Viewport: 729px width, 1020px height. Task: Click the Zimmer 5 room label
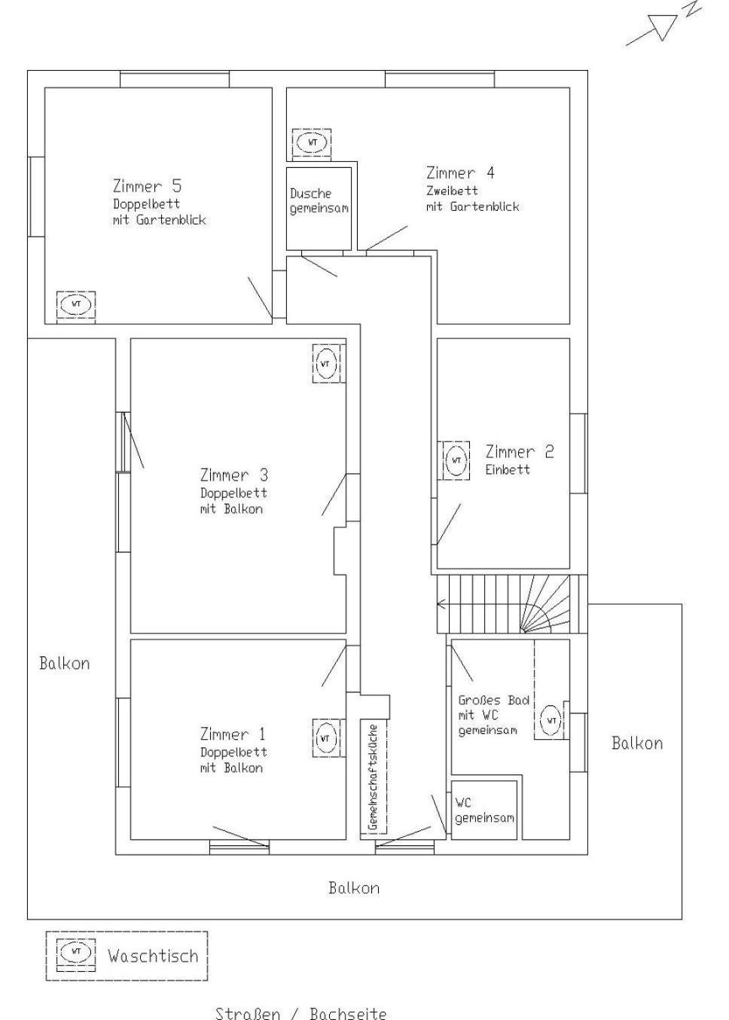click(x=147, y=186)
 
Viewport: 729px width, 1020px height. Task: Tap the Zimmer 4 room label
click(x=460, y=173)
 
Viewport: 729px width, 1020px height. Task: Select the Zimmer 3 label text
click(x=234, y=475)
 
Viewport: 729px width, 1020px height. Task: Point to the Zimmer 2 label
click(x=520, y=452)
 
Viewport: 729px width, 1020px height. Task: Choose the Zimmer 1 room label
click(x=233, y=734)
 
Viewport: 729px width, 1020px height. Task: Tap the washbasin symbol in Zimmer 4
click(x=312, y=143)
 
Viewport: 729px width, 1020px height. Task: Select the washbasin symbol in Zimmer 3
click(x=326, y=364)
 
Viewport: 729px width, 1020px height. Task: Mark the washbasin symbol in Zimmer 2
click(x=456, y=460)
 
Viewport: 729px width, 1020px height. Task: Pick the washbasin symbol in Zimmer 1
click(x=326, y=738)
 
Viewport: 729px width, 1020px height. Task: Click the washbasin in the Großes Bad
click(x=551, y=721)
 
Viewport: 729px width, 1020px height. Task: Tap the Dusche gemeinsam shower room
click(x=319, y=209)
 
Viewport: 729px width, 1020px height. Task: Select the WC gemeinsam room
click(x=484, y=811)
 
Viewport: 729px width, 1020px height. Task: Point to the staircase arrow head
click(x=441, y=604)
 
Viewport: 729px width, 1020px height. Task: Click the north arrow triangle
click(x=664, y=27)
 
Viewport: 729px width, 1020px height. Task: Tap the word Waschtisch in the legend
click(x=153, y=955)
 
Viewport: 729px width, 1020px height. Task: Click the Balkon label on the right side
click(x=637, y=744)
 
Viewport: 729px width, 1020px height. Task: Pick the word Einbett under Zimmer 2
click(x=508, y=469)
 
